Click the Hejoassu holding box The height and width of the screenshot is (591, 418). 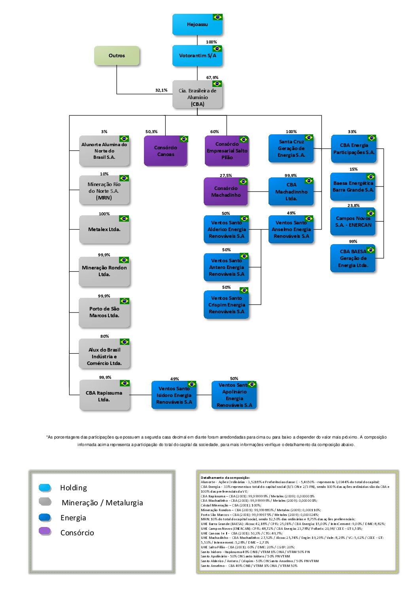click(197, 24)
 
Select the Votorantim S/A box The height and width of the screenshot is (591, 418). click(197, 56)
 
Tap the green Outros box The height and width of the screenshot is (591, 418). click(117, 56)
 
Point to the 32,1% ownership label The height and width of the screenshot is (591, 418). click(161, 90)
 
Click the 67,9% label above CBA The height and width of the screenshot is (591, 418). click(212, 77)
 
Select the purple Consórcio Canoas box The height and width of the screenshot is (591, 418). click(165, 151)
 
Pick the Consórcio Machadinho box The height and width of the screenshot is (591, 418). click(225, 192)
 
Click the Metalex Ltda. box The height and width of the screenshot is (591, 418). click(104, 230)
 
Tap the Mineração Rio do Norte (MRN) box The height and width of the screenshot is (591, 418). click(104, 191)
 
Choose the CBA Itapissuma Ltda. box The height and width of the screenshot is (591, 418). click(104, 396)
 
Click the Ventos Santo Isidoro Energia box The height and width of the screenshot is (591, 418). click(174, 395)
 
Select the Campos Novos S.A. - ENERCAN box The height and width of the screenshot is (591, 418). click(353, 222)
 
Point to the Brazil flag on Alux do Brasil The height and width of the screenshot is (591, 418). click(124, 342)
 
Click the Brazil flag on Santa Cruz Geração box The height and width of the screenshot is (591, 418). click(308, 137)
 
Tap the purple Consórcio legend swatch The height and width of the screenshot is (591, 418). click(45, 531)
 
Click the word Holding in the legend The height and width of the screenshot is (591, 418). click(73, 488)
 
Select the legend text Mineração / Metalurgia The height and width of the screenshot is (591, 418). click(102, 503)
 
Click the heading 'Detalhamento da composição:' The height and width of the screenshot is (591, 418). click(225, 478)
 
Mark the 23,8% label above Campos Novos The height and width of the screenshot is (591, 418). click(353, 205)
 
